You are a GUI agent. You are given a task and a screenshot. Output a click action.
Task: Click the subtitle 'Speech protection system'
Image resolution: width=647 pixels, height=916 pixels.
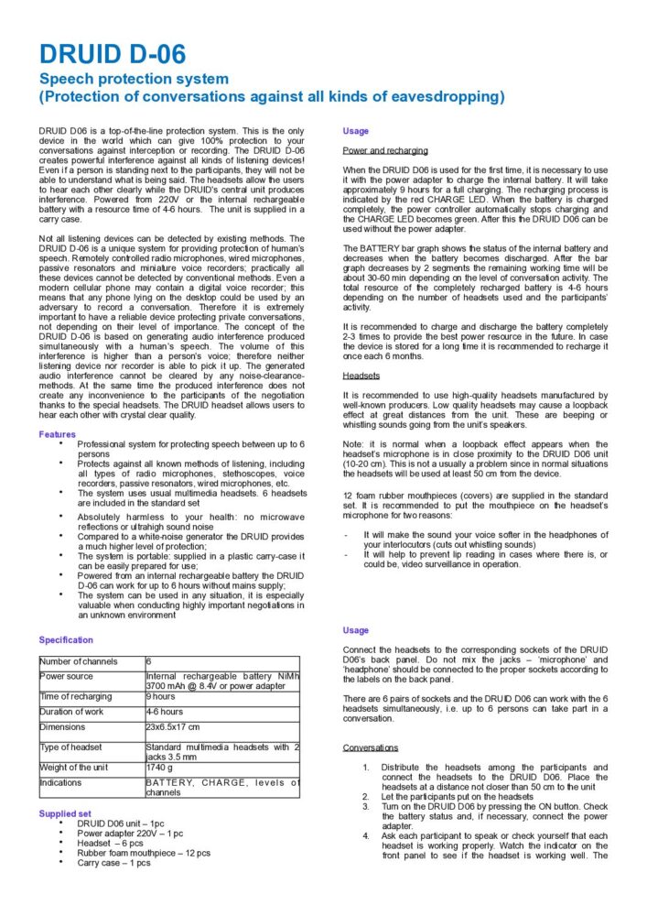point(134,79)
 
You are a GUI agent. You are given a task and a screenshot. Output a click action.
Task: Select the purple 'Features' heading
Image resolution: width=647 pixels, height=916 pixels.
point(57,434)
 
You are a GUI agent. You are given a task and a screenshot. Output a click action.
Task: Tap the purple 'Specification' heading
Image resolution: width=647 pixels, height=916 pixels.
point(66,640)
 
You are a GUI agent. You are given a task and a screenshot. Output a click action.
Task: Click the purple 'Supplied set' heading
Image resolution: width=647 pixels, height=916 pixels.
point(64,812)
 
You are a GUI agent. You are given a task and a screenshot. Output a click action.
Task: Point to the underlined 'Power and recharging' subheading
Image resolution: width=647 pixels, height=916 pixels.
point(385,150)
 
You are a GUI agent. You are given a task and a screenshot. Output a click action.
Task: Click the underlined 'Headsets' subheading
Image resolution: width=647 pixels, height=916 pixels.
point(361,376)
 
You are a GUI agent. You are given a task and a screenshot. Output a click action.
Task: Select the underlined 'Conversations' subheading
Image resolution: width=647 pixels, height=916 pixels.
point(371,747)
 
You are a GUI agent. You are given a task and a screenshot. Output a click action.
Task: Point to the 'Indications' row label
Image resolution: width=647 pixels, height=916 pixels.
point(61,782)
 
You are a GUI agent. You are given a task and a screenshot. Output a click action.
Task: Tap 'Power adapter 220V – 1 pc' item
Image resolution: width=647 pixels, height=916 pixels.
point(130,834)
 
